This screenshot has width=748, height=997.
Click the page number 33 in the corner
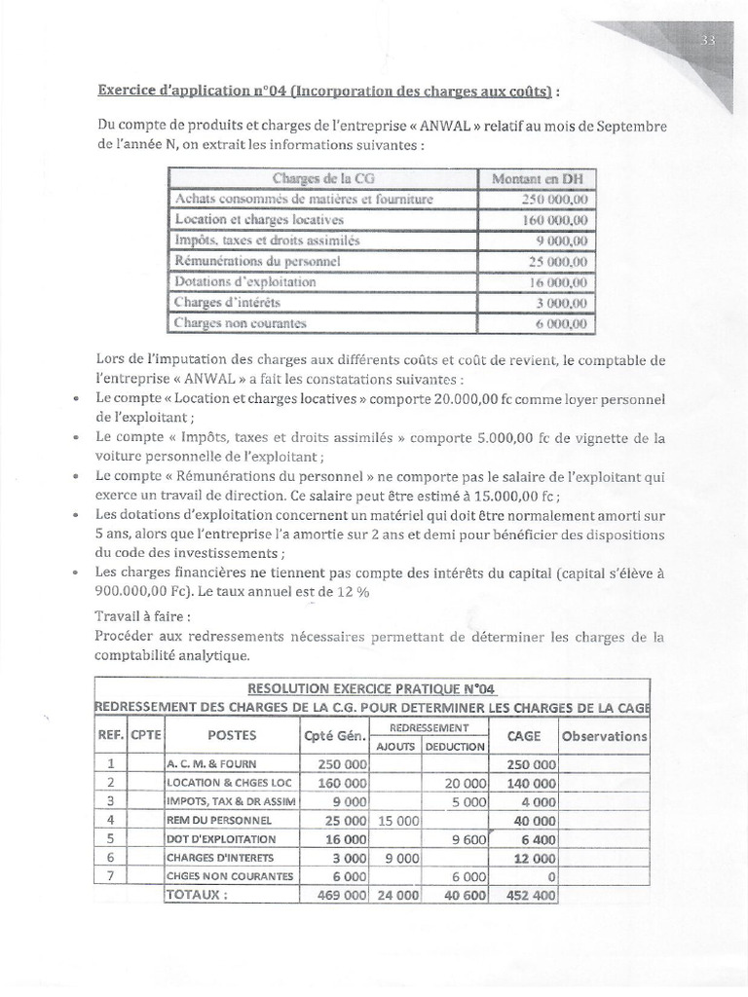(x=707, y=40)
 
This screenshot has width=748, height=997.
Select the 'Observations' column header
(x=604, y=736)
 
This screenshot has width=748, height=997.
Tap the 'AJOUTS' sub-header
(x=396, y=746)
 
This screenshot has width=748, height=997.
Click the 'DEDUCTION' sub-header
(x=454, y=746)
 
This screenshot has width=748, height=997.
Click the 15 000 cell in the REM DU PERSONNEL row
(x=396, y=820)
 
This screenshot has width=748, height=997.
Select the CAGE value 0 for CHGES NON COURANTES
(x=550, y=876)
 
